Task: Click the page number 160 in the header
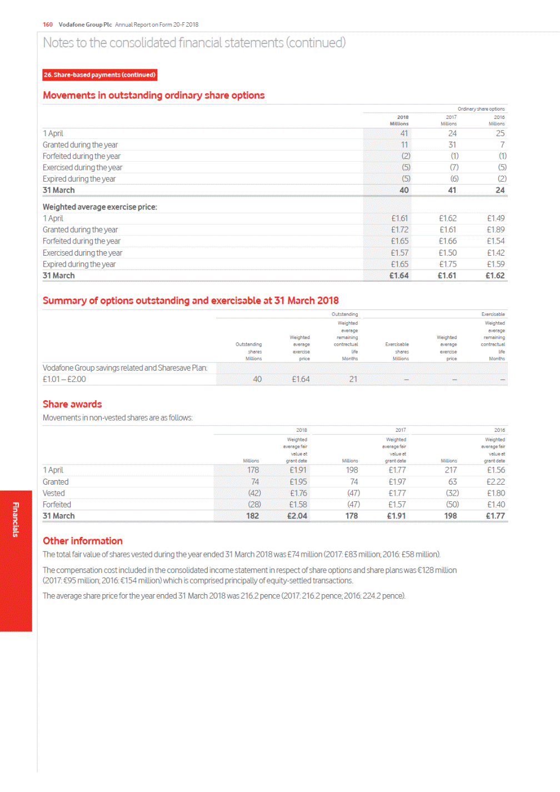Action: coord(48,24)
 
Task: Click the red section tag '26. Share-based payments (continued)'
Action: coord(100,75)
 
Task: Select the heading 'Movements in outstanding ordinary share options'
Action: coord(154,96)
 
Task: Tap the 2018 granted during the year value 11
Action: coord(404,145)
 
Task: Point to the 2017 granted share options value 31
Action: coord(452,145)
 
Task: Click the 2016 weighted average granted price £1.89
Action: coord(496,230)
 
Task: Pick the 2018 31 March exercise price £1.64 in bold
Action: coord(399,276)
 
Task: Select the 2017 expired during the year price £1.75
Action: coord(448,265)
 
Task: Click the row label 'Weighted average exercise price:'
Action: coord(100,207)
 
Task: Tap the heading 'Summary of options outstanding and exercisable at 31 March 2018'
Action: coord(191,301)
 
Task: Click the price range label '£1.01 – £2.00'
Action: coord(64,380)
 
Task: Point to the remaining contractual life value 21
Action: coord(353,380)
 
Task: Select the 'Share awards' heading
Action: coord(72,404)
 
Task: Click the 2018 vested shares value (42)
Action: coord(254,494)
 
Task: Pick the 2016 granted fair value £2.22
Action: coord(496,482)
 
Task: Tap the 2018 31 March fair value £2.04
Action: coord(297,516)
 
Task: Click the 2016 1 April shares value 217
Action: coord(451,470)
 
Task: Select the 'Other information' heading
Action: coord(83,541)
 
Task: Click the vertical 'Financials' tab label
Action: coord(16,520)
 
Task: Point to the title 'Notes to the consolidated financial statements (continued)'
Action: coord(194,43)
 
